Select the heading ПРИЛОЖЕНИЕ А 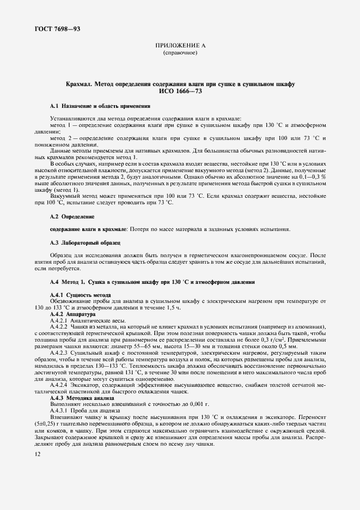[x=179, y=47]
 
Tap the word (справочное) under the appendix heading [x=179, y=53]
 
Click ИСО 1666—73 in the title [x=180, y=91]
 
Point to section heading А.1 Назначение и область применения [x=93, y=105]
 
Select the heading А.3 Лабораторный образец [x=85, y=241]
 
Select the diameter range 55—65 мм [x=169, y=347]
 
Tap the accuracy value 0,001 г [x=184, y=404]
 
